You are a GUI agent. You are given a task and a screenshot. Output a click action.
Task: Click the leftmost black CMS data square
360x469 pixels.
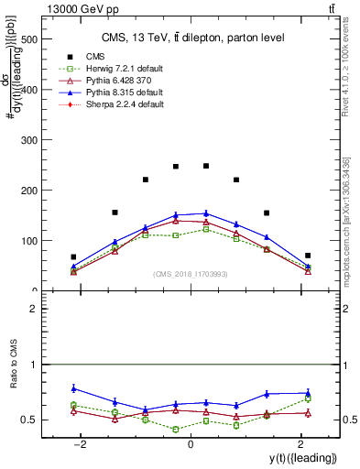[73, 257]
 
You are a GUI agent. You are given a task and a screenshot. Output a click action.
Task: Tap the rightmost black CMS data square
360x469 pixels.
[308, 256]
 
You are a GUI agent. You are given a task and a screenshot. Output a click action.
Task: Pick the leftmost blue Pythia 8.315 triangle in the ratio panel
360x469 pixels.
[73, 388]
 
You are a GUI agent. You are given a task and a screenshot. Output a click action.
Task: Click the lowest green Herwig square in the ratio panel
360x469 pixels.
[176, 429]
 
